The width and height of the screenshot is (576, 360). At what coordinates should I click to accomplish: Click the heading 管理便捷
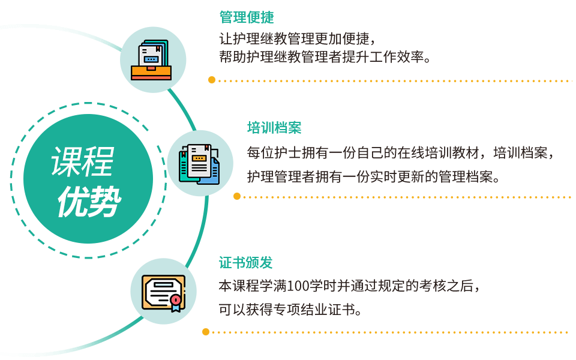click(247, 17)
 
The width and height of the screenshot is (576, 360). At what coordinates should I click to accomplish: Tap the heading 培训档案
click(274, 128)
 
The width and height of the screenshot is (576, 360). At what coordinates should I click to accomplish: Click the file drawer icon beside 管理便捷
click(152, 59)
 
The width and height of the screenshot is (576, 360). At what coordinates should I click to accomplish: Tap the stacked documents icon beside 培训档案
click(200, 163)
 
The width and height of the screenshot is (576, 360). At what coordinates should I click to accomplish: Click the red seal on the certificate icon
click(175, 299)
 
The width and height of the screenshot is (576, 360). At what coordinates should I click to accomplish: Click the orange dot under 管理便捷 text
click(211, 80)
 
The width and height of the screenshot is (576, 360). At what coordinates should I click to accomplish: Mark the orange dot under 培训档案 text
click(237, 196)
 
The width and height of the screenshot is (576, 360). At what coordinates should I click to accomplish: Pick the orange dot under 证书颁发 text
click(206, 331)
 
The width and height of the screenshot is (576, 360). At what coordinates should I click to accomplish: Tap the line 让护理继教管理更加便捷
click(298, 40)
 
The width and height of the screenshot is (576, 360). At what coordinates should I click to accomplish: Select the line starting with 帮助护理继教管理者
click(325, 58)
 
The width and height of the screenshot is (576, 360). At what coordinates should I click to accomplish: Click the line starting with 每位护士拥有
click(400, 152)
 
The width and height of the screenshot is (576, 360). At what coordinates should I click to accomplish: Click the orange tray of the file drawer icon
click(151, 74)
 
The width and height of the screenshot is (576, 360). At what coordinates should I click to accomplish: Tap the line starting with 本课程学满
click(350, 286)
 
